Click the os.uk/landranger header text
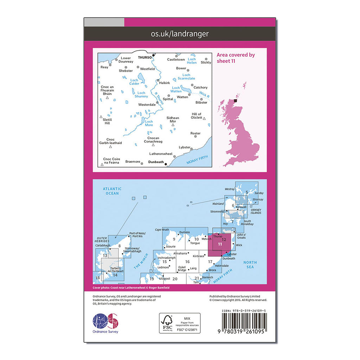point(180,34)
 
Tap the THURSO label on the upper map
point(144,57)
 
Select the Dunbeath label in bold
point(156,162)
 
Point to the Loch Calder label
point(134,82)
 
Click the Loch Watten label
point(176,89)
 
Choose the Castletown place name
point(176,60)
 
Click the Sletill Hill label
point(107,121)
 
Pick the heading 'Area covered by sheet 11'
point(236,58)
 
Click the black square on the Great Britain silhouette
point(236,101)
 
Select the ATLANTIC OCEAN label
point(112,191)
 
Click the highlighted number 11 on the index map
point(220,244)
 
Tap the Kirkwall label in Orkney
point(241,207)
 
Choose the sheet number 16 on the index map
point(187,262)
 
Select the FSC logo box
point(180,323)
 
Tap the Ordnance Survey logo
point(105,323)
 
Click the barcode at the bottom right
point(244,321)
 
